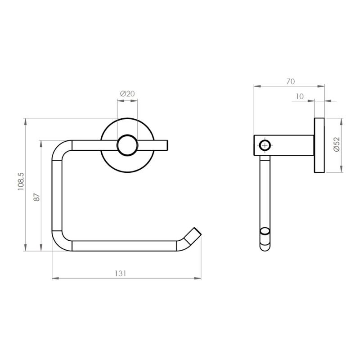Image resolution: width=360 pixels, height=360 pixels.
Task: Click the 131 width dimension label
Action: [x=121, y=274]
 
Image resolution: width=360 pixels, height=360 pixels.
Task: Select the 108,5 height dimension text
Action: [x=21, y=181]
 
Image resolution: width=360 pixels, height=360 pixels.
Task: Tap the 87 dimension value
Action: [x=36, y=198]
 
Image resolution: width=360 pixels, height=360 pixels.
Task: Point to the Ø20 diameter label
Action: [x=127, y=94]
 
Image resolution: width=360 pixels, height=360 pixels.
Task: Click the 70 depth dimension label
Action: [x=290, y=81]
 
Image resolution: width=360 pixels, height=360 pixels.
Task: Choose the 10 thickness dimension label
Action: [x=300, y=96]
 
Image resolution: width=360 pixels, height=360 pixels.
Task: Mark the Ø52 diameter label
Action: [x=336, y=144]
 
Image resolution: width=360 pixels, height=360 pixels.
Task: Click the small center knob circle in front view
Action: [x=127, y=145]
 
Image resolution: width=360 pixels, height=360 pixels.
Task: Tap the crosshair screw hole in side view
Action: [x=265, y=145]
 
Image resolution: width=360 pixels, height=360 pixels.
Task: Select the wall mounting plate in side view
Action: [x=319, y=145]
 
